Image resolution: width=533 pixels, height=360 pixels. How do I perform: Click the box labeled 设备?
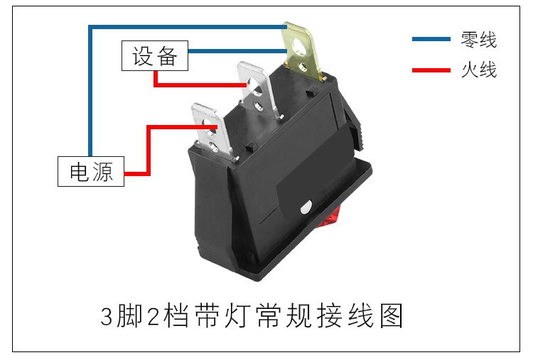[x=155, y=55]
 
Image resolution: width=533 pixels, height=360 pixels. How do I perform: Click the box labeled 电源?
[x=91, y=171]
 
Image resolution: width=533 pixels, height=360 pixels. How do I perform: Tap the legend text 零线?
[x=478, y=39]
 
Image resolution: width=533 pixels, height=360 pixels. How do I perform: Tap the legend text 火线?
[x=478, y=70]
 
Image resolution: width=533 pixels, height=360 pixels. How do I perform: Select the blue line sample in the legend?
[x=431, y=39]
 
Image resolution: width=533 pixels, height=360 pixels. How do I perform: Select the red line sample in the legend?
[x=431, y=70]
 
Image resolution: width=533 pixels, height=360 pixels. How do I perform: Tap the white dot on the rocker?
[x=306, y=207]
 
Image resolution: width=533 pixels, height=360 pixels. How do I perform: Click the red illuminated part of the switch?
[x=329, y=217]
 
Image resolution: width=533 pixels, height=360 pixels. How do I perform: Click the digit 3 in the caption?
[x=107, y=317]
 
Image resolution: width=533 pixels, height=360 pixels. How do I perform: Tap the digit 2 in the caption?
[x=154, y=317]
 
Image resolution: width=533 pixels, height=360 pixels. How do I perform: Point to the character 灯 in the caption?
[x=237, y=316]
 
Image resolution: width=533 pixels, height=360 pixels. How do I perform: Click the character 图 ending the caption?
[x=392, y=316]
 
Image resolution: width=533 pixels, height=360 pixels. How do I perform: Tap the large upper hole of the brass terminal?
[x=298, y=45]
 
